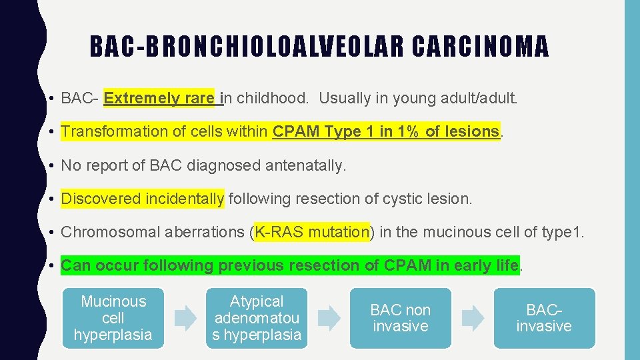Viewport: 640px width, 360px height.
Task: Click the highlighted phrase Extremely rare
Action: (x=159, y=99)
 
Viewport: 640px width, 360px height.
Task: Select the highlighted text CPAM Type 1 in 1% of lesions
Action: (x=385, y=131)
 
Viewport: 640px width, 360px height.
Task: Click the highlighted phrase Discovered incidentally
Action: (x=143, y=199)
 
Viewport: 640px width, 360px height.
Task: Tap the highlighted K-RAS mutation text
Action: (x=311, y=232)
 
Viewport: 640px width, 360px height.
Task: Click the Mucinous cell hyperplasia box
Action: (x=113, y=318)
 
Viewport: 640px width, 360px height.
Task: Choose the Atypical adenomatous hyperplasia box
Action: (x=257, y=318)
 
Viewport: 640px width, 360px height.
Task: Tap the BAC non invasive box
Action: (x=400, y=318)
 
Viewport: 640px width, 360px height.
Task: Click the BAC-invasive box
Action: (x=544, y=318)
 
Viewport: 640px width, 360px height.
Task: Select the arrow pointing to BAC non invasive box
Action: (x=328, y=318)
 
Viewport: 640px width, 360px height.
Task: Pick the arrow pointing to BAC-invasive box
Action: (x=473, y=318)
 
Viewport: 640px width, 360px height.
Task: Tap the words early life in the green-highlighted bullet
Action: (x=485, y=265)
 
